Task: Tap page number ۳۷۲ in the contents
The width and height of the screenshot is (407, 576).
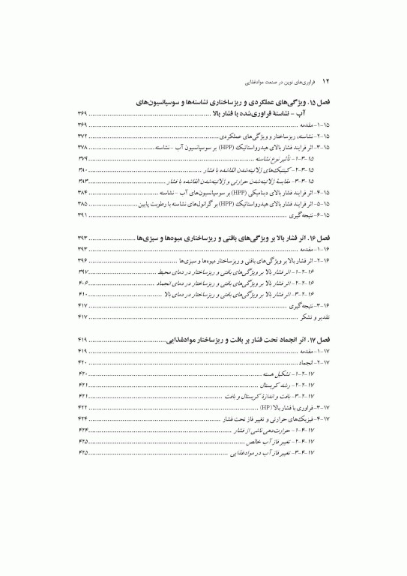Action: tap(82, 137)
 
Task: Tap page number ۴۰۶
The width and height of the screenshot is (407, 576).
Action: tap(82, 285)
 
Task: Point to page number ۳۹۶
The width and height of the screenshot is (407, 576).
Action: tap(82, 259)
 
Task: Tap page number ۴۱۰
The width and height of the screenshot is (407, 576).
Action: tap(82, 295)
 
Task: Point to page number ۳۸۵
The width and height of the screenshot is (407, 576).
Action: tap(82, 203)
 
